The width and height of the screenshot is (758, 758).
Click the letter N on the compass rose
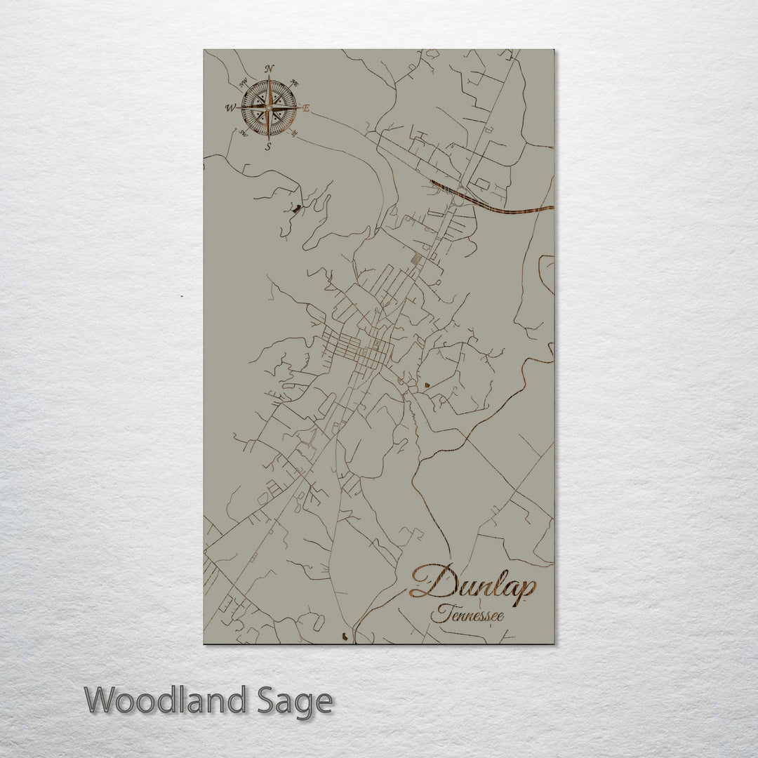click(x=269, y=69)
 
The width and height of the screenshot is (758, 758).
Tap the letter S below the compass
click(x=267, y=147)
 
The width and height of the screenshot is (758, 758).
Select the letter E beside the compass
click(x=306, y=108)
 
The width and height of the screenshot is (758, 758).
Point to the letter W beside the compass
click(x=230, y=108)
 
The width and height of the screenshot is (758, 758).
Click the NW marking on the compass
click(x=244, y=84)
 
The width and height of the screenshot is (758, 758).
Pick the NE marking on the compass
click(x=293, y=83)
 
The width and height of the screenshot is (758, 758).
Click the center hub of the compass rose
click(x=268, y=108)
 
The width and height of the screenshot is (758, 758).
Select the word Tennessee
click(x=468, y=616)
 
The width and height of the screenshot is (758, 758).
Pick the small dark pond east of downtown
click(x=427, y=385)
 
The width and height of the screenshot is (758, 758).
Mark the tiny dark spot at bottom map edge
click(x=343, y=637)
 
